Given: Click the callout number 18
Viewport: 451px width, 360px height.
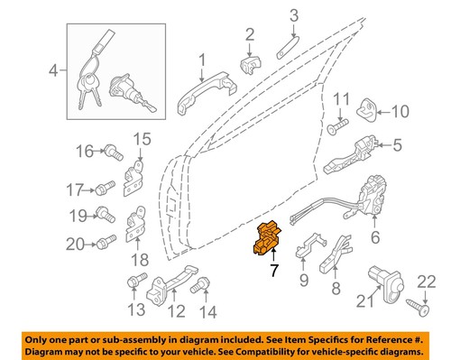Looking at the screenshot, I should (139, 260).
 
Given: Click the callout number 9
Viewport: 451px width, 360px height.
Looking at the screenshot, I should (304, 281).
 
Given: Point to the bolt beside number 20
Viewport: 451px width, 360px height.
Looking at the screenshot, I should (106, 242).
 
